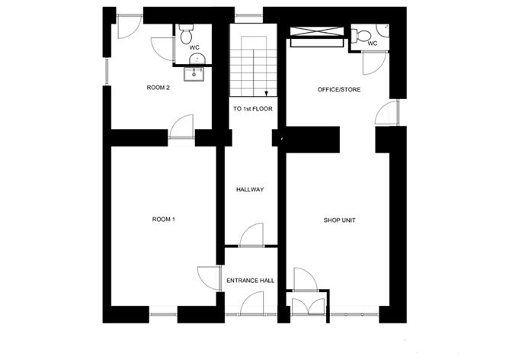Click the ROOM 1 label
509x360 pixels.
[164, 220]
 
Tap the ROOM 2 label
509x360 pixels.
[158, 88]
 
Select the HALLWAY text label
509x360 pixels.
[250, 190]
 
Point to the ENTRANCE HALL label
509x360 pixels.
[250, 281]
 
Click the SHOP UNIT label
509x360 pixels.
[340, 220]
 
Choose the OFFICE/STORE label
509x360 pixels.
[339, 90]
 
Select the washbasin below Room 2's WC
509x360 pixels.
[196, 73]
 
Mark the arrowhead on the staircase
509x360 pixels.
[267, 94]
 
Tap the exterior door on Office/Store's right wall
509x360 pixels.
[387, 113]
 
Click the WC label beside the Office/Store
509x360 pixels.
[372, 43]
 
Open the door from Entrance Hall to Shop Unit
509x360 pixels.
[304, 279]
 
